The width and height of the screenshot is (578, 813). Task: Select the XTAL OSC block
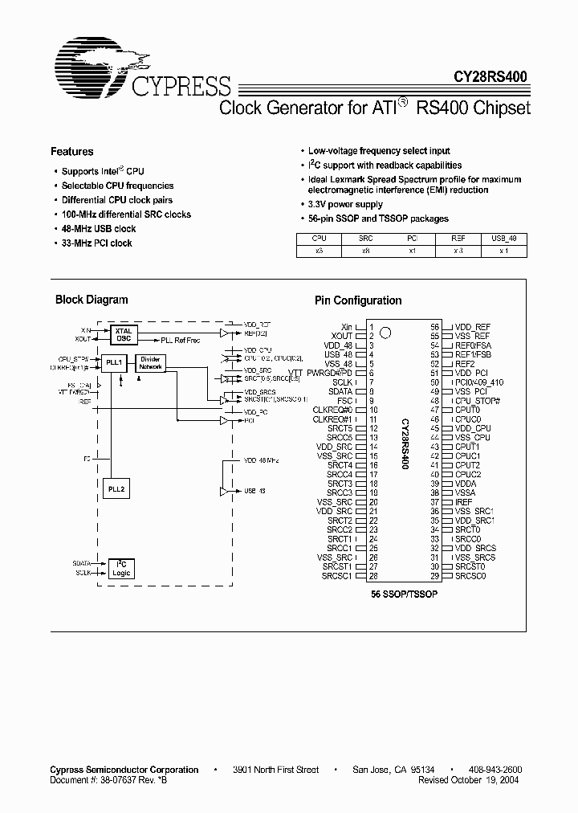(x=124, y=334)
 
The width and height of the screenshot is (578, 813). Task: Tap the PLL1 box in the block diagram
(x=114, y=363)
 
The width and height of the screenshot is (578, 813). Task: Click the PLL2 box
(x=116, y=488)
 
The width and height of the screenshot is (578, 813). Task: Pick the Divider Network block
(x=151, y=363)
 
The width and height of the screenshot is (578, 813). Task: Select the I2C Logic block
(x=122, y=569)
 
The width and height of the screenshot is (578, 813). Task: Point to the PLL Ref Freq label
(x=180, y=341)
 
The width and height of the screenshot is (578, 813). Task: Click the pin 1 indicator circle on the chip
(x=386, y=331)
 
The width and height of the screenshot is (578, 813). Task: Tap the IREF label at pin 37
(x=464, y=502)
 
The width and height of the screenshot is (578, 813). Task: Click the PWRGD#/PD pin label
(x=332, y=373)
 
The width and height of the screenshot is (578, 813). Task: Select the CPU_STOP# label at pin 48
(x=477, y=400)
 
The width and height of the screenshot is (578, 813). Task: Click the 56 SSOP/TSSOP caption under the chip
(x=404, y=594)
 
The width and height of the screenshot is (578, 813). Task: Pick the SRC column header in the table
(x=366, y=239)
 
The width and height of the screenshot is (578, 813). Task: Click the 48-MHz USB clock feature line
(x=99, y=229)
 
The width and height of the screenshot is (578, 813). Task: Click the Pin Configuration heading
(x=357, y=300)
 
